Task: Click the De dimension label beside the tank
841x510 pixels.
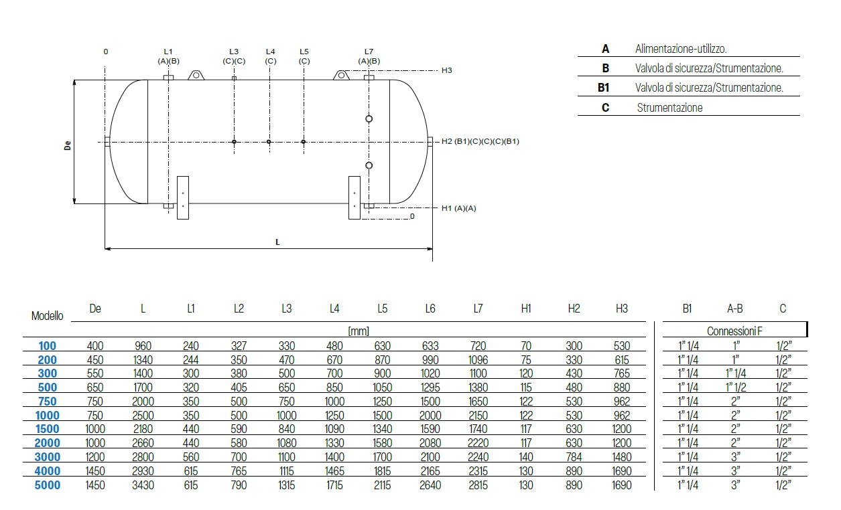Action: (x=68, y=145)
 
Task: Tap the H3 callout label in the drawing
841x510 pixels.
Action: (x=446, y=70)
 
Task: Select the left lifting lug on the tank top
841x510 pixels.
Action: (x=196, y=75)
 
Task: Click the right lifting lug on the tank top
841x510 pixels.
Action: (x=341, y=75)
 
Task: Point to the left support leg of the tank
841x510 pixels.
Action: (x=183, y=197)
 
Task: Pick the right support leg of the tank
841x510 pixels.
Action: (x=354, y=197)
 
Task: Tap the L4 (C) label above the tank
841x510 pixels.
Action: (x=270, y=56)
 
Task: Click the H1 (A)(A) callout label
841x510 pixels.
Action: (x=459, y=209)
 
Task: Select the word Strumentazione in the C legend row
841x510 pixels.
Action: (x=669, y=108)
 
